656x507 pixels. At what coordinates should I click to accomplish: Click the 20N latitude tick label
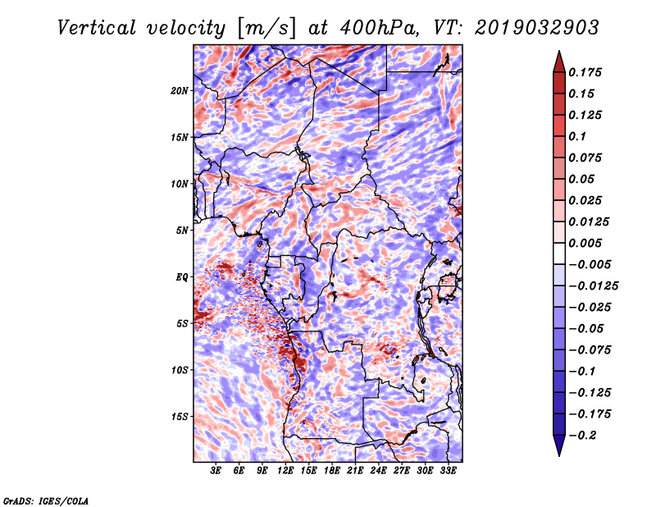click(x=180, y=91)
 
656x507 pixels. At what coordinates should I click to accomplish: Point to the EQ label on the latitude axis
click(x=181, y=277)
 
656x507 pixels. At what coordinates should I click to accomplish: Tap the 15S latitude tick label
click(x=180, y=417)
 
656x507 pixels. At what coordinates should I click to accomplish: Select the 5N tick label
click(x=182, y=231)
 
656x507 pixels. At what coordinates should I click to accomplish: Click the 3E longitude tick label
click(x=216, y=471)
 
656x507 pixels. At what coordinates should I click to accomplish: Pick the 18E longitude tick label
click(x=332, y=471)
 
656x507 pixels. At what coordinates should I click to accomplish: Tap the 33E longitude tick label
click(x=448, y=471)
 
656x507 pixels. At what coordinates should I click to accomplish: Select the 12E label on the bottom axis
click(x=285, y=471)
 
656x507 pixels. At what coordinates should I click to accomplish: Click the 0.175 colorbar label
click(x=585, y=72)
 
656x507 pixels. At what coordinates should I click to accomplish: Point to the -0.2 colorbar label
click(x=582, y=436)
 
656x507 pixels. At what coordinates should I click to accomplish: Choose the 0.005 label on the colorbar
click(x=585, y=243)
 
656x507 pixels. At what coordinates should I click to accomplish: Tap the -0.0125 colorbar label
click(x=593, y=286)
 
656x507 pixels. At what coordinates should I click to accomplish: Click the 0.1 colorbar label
click(x=577, y=136)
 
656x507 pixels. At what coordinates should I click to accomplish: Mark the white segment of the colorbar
click(x=559, y=253)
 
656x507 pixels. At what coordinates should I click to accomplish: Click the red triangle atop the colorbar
click(x=559, y=62)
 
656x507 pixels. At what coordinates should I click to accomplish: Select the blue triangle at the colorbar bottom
click(x=559, y=445)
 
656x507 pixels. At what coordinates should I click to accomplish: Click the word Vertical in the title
click(x=97, y=28)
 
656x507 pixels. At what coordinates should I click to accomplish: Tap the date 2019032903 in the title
click(x=537, y=28)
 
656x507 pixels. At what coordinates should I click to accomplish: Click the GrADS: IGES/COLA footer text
click(x=46, y=501)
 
